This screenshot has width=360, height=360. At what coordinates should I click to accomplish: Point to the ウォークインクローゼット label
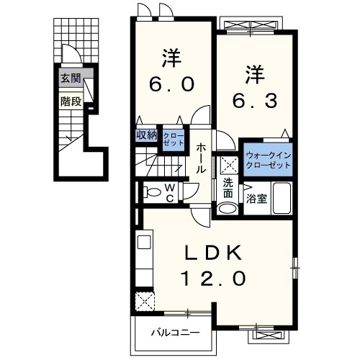click(x=268, y=160)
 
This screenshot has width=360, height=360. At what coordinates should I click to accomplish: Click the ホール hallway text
click(x=202, y=157)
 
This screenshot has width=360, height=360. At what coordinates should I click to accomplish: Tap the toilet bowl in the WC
click(x=151, y=192)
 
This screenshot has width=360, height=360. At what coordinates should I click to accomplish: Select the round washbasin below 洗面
click(x=227, y=208)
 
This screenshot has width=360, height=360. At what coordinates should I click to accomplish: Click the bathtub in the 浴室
click(x=282, y=198)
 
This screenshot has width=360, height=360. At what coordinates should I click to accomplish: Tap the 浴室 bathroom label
click(x=258, y=199)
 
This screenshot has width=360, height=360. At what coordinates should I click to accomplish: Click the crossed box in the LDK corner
click(x=145, y=299)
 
